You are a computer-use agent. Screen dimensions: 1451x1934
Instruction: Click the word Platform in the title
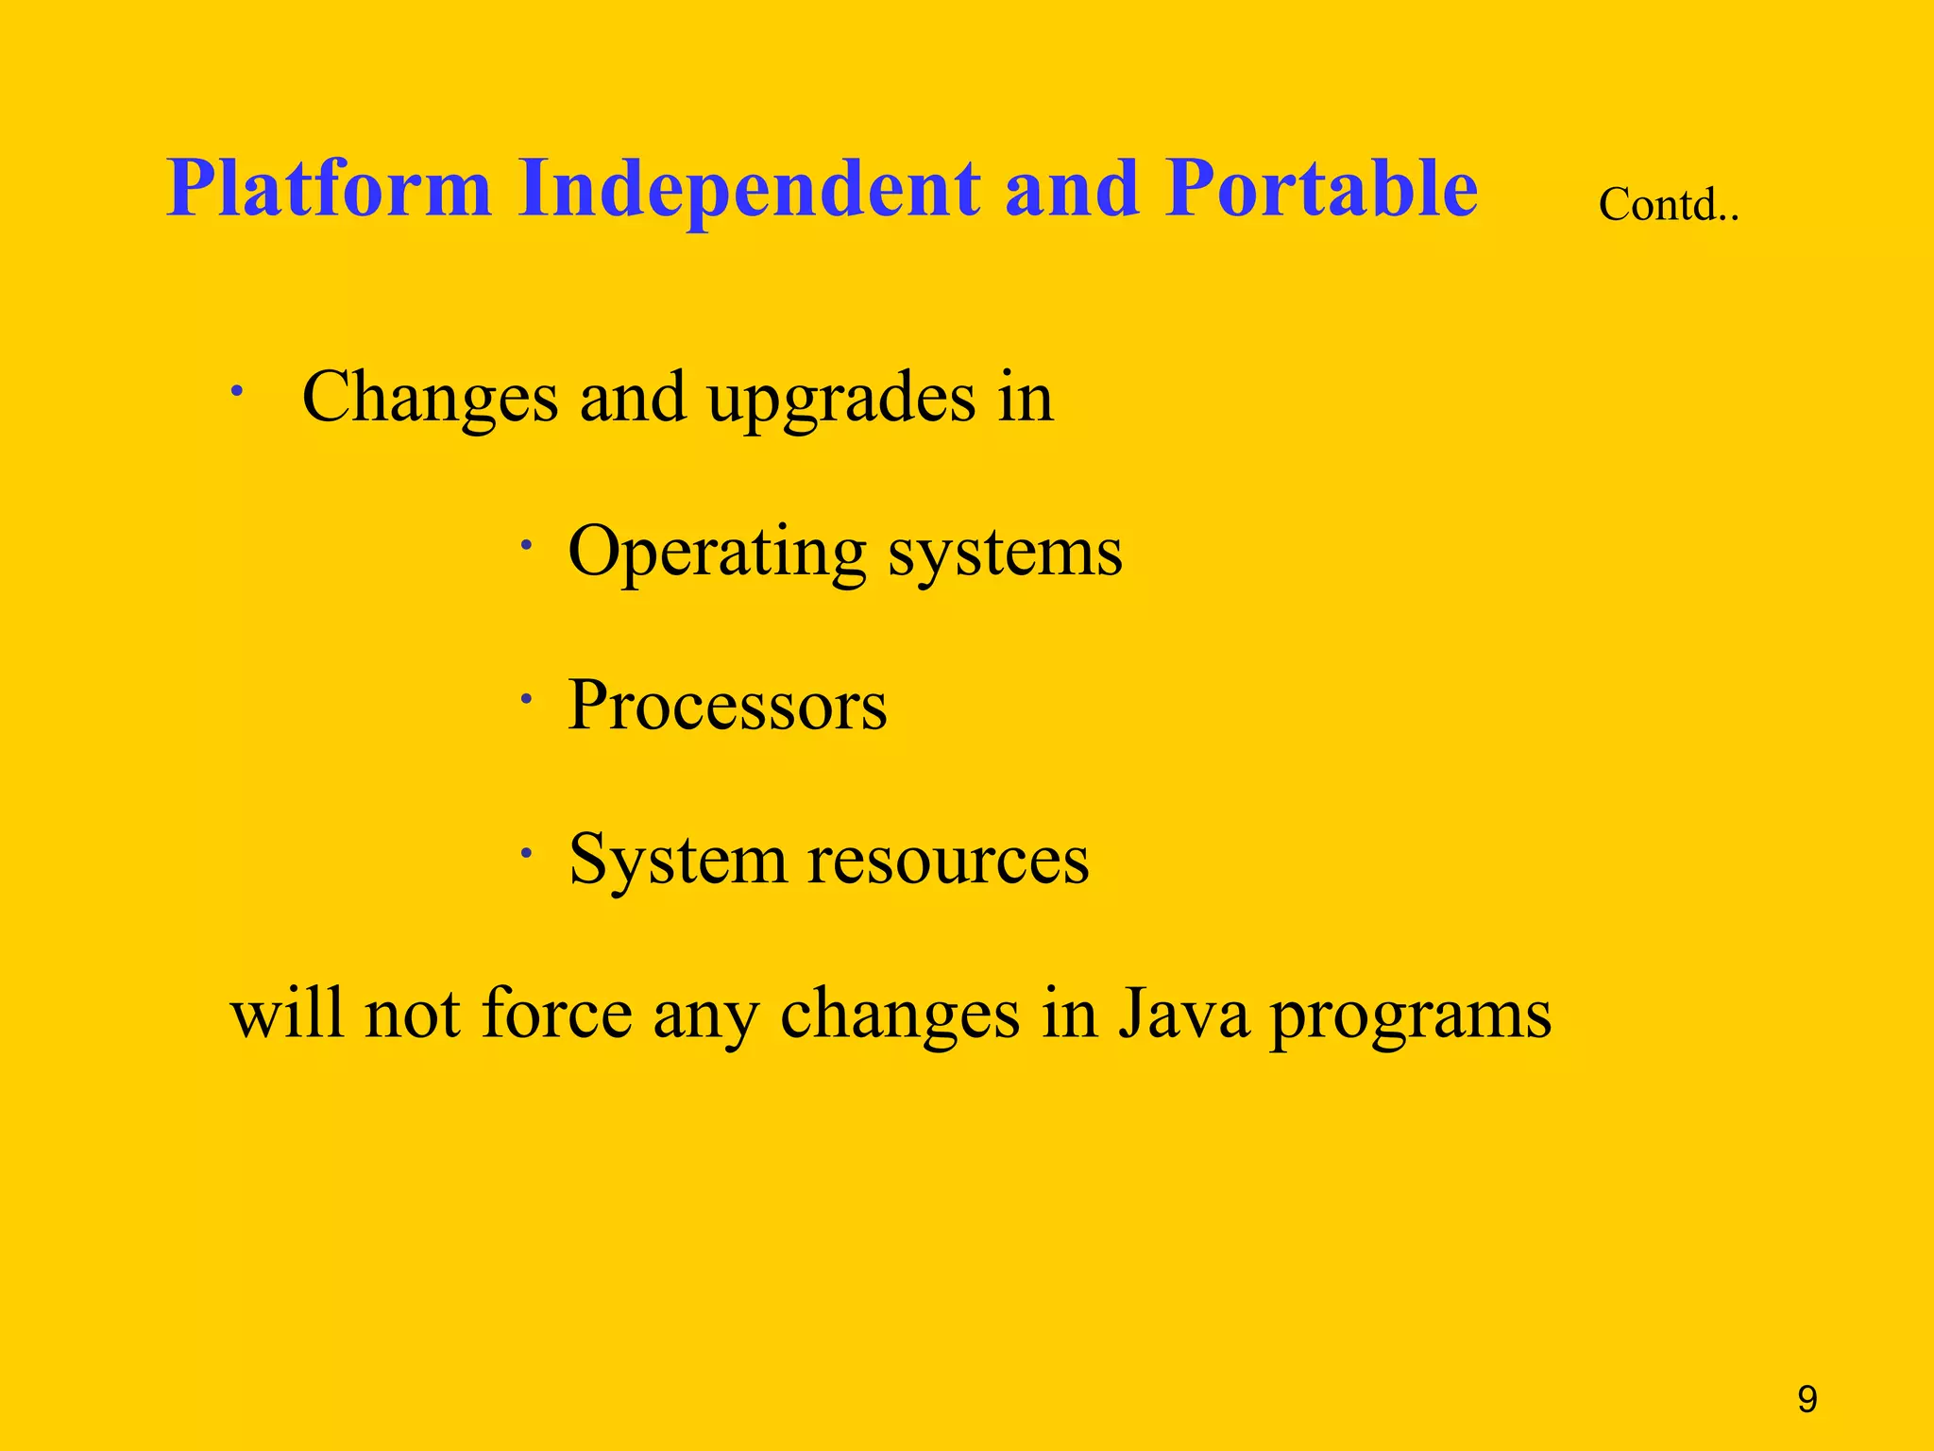coord(329,189)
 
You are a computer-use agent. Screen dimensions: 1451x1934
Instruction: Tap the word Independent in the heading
coord(750,189)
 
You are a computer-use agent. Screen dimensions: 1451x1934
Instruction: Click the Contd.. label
coord(1668,204)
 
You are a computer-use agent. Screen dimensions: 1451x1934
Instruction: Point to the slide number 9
coord(1807,1399)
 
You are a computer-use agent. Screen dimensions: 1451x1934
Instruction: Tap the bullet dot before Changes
coord(240,390)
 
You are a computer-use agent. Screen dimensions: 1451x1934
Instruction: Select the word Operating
coord(717,553)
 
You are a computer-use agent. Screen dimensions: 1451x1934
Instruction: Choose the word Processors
coord(727,707)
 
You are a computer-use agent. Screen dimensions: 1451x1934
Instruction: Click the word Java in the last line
coord(1183,1015)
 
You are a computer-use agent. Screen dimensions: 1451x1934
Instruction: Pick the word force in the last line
coord(556,1015)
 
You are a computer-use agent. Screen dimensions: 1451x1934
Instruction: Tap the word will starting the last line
coord(286,1015)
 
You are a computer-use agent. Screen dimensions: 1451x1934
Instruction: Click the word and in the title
coord(1071,189)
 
